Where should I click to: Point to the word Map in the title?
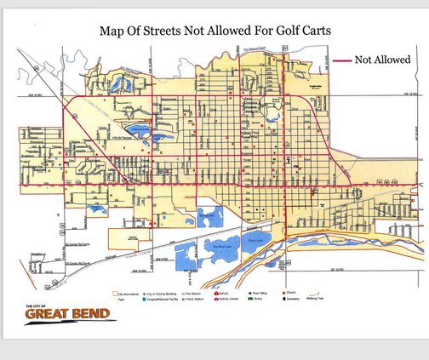pos(115,31)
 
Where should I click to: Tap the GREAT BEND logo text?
pos(67,315)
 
